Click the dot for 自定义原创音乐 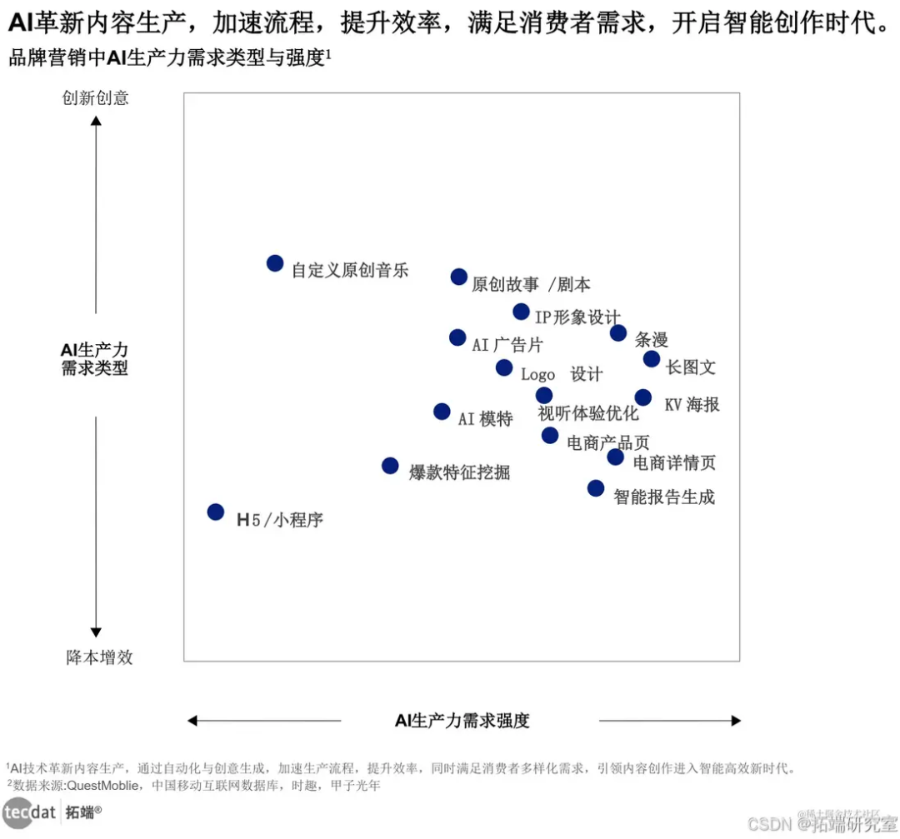[x=275, y=263]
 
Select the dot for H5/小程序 [x=216, y=512]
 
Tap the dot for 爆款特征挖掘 [x=390, y=466]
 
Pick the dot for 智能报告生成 [x=596, y=488]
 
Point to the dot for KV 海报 [x=643, y=397]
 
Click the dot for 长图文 [x=652, y=359]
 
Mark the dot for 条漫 [x=618, y=333]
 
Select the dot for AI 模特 [x=442, y=412]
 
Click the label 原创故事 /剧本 [x=531, y=285]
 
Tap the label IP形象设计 [x=577, y=317]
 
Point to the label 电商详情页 [x=674, y=462]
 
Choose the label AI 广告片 [x=507, y=344]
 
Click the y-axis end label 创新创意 [x=96, y=98]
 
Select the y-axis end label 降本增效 [x=99, y=657]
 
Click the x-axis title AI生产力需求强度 [x=462, y=721]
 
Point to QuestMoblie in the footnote [x=103, y=785]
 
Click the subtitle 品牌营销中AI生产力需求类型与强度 [x=166, y=58]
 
